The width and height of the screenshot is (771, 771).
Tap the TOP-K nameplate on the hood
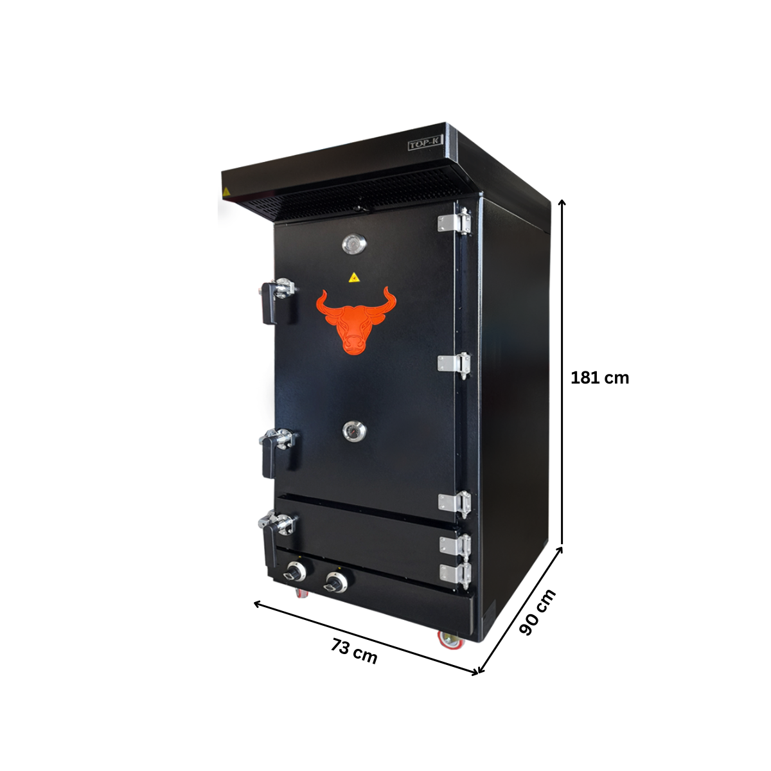[x=425, y=145]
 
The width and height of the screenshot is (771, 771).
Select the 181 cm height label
[x=599, y=378]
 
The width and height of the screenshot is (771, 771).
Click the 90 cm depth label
[x=536, y=612]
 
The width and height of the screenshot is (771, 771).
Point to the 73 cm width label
[x=354, y=651]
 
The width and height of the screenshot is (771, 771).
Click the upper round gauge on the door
[x=353, y=244]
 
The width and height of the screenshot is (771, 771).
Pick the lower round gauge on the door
[x=353, y=432]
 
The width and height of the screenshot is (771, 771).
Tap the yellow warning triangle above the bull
[x=353, y=278]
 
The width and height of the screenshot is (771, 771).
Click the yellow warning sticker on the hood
[x=226, y=192]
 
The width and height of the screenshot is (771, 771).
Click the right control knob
[x=335, y=582]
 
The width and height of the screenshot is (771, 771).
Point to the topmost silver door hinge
[x=454, y=222]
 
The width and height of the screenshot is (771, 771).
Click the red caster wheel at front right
[x=448, y=639]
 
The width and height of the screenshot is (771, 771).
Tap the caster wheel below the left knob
[x=302, y=592]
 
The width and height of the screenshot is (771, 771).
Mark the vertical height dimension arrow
[x=563, y=373]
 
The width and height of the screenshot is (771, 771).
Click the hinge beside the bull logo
[x=454, y=364]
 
